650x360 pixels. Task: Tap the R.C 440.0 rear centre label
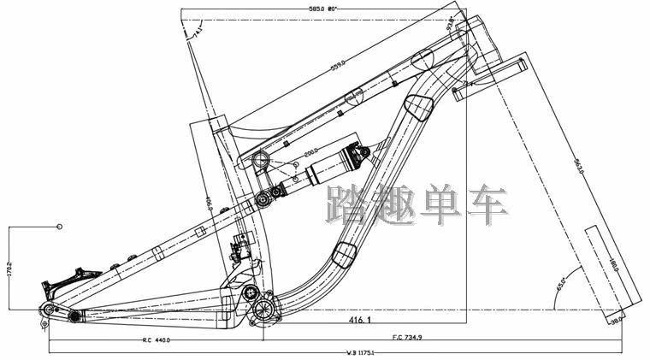pyautogui.click(x=157, y=339)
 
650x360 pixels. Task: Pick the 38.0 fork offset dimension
pyautogui.click(x=615, y=322)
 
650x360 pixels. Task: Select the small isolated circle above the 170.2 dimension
pyautogui.click(x=60, y=227)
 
